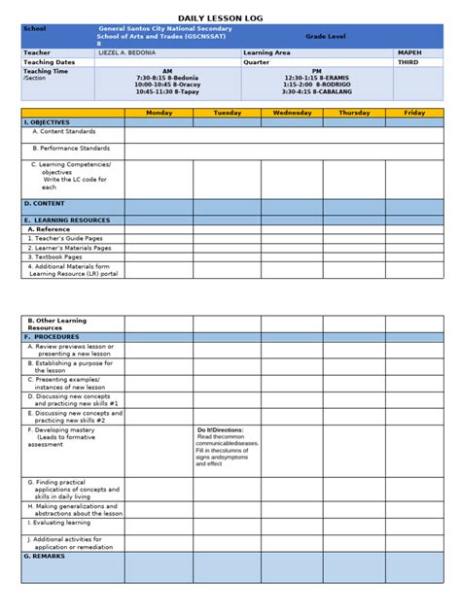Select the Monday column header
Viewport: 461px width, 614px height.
pos(159,113)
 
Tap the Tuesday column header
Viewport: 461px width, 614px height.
pos(227,113)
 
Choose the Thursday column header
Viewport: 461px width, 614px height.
pos(353,113)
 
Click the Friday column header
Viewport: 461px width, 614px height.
pos(414,113)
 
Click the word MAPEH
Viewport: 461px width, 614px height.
pos(409,52)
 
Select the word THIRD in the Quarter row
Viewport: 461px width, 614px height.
pos(409,61)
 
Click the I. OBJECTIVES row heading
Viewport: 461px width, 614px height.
pos(47,122)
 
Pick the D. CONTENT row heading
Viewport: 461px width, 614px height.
pos(44,204)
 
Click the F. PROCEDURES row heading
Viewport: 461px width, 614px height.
pos(52,337)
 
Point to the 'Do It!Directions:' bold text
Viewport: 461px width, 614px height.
pos(221,429)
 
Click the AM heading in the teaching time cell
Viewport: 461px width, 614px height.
pos(167,71)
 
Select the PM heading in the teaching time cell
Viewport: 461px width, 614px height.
pos(317,71)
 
